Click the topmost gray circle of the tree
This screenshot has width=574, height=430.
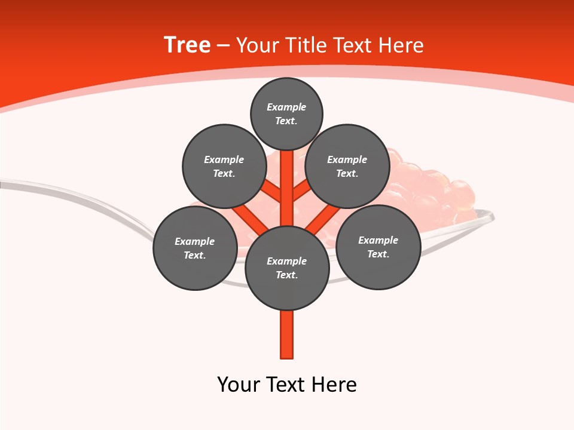[286, 113]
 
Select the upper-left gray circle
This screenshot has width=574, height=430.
[224, 166]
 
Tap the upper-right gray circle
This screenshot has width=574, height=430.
[347, 166]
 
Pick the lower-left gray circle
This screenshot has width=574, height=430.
[194, 248]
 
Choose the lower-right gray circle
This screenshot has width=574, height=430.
[378, 247]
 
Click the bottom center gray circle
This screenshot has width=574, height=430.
[287, 268]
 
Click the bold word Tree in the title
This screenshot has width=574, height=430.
[187, 45]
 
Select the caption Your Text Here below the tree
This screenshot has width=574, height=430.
[287, 384]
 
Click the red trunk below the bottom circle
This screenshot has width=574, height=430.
[287, 334]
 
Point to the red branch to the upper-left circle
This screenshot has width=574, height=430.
[271, 190]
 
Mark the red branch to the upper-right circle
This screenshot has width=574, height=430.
[303, 190]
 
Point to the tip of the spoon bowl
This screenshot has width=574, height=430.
[491, 216]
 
